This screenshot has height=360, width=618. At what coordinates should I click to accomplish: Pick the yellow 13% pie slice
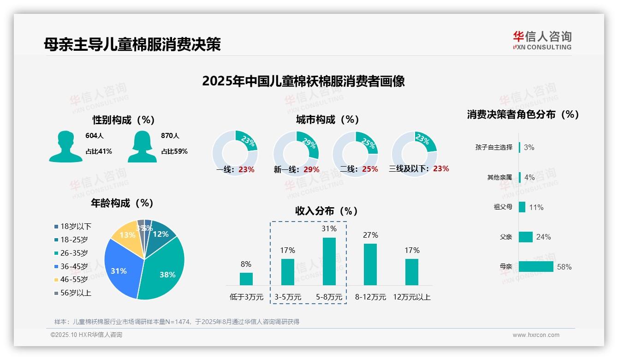(x=125, y=235)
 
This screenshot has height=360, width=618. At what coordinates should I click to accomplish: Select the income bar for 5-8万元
(x=329, y=261)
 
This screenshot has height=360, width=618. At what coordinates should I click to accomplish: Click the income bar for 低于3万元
(x=246, y=279)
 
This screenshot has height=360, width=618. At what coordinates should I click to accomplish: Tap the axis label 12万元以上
(x=411, y=297)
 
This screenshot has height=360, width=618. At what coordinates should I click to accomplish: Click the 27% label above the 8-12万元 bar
(x=370, y=235)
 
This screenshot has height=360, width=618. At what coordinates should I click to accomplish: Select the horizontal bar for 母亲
(x=536, y=267)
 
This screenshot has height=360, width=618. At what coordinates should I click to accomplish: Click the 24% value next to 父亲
(x=543, y=237)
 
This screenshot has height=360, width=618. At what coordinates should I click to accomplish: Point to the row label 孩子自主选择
(x=493, y=147)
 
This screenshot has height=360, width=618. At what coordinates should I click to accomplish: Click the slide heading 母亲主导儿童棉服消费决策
(x=132, y=44)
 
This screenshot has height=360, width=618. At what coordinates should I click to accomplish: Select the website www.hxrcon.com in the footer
(x=536, y=335)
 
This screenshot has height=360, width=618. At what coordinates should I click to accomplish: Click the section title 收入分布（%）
(x=327, y=211)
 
